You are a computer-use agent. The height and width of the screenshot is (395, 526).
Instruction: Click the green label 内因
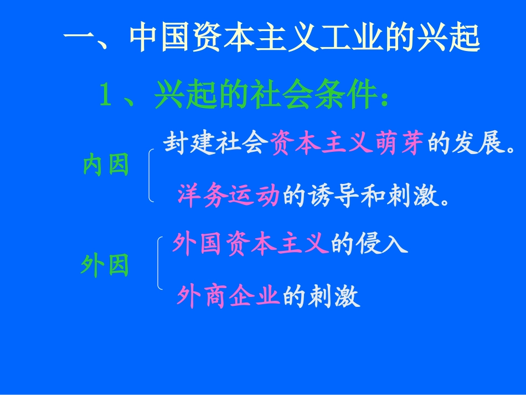(106, 165)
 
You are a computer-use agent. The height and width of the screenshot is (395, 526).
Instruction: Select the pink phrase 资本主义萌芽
(348, 145)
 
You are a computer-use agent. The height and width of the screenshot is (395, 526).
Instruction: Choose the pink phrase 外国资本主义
(251, 244)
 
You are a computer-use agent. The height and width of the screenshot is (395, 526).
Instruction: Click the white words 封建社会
(216, 145)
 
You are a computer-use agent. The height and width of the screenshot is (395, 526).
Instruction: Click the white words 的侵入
(369, 244)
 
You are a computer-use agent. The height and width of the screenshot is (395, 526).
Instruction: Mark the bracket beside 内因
(151, 175)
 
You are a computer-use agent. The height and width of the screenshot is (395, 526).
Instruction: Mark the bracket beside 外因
(159, 263)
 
